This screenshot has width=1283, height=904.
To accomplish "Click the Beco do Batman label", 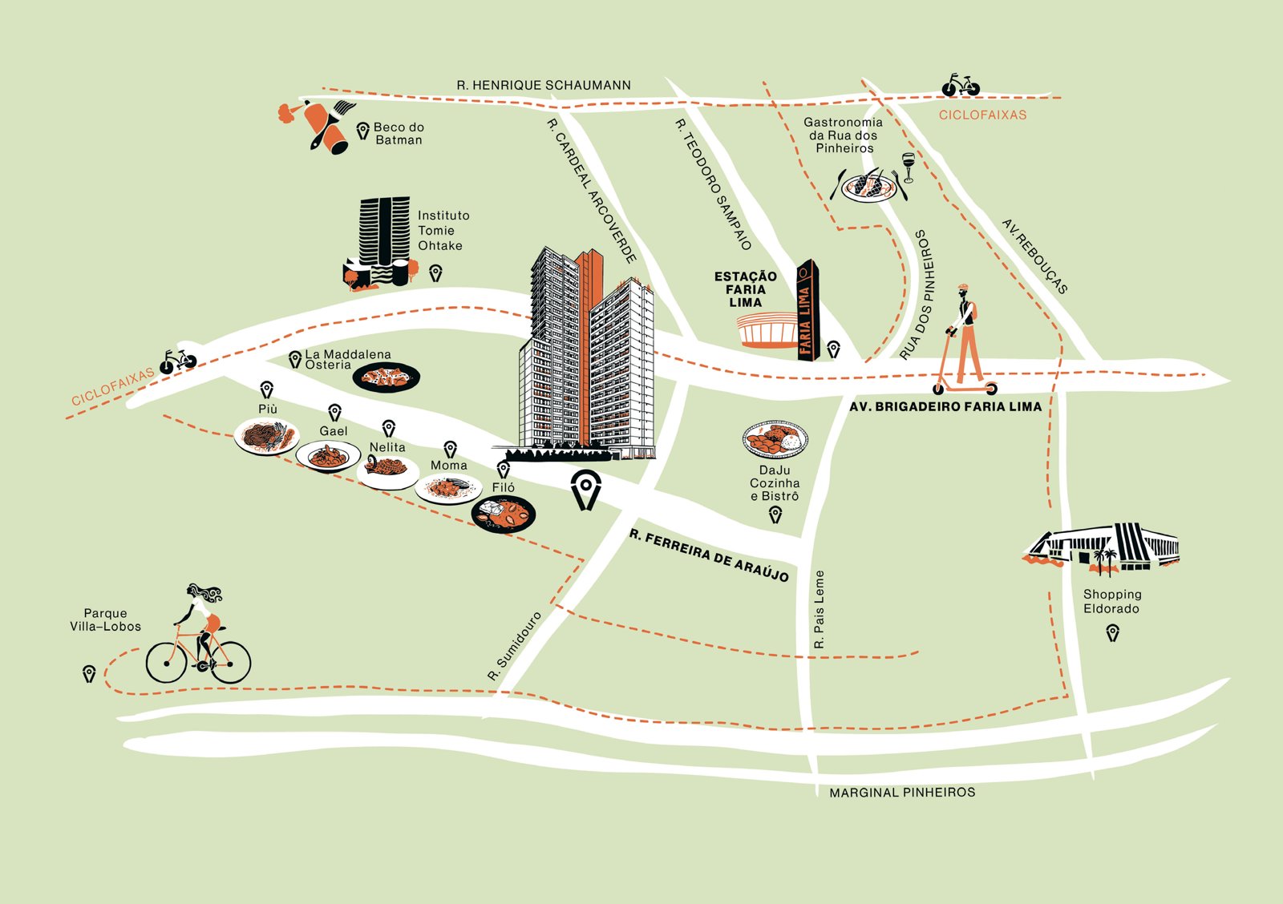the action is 399,133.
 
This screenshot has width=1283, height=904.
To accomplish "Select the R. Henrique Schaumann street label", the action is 544,85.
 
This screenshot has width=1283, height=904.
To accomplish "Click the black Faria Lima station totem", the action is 808,309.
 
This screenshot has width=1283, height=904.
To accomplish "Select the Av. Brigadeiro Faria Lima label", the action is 945,406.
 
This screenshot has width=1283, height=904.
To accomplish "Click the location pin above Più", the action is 266,389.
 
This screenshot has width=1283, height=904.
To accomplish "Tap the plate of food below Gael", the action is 328,456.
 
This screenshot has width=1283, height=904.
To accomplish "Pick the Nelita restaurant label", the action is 387,446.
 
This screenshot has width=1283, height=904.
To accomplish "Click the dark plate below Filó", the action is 504,514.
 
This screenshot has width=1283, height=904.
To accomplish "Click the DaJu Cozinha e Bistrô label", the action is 775,483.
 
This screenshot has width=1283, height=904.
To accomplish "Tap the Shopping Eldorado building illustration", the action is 1101,548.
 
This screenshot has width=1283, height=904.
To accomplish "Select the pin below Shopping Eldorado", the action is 1112,633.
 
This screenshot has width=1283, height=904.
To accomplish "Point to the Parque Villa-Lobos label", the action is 105,619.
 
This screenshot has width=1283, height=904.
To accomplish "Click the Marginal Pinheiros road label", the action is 902,793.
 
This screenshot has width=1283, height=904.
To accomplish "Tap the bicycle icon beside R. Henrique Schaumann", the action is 961,85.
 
